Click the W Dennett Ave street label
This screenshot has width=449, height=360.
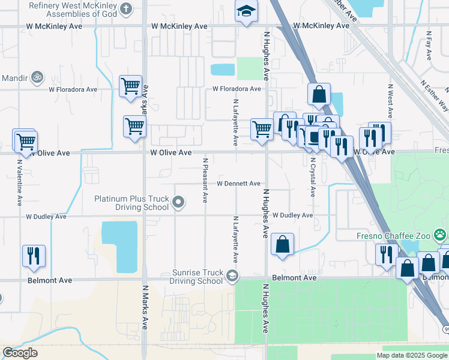coord(238,184)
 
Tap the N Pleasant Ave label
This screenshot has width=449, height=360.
coord(205,180)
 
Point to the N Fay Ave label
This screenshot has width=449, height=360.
coord(429,46)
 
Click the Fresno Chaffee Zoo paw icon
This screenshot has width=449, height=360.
coord(441,235)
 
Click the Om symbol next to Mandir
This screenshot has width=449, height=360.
coord(37,77)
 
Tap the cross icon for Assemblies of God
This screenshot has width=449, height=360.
coord(125,8)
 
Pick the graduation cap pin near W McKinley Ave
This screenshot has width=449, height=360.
coord(246,13)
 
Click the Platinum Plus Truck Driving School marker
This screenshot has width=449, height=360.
coord(178,202)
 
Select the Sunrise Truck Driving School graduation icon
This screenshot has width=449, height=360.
coord(232,276)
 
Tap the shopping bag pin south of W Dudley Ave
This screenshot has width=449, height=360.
coord(282,244)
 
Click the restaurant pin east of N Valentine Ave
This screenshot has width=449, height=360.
coord(34,256)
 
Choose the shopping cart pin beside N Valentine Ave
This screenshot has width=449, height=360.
coord(25,142)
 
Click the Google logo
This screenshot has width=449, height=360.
coord(20,353)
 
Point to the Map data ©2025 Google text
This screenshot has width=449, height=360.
coord(411,355)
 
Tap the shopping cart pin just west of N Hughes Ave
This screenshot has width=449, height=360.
coord(262,129)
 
